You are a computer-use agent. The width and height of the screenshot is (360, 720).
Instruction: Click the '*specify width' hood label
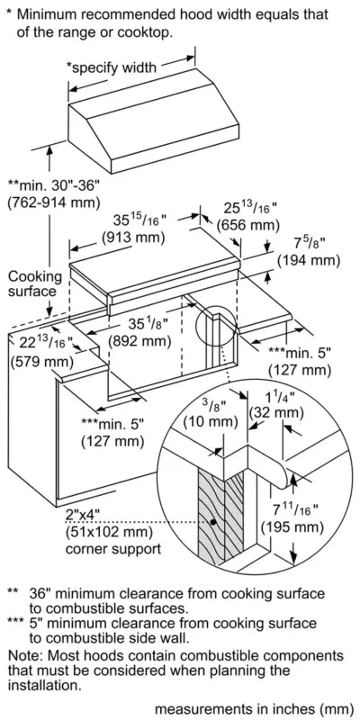pos(112,67)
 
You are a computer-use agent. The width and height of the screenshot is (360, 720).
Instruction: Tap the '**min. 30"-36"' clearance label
pos(55,184)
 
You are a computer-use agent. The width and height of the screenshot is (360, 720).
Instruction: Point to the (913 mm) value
pos(133,238)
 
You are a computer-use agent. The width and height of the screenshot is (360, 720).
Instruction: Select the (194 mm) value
pos(308,260)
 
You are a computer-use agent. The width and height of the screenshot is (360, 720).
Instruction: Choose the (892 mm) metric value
pos(136,341)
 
